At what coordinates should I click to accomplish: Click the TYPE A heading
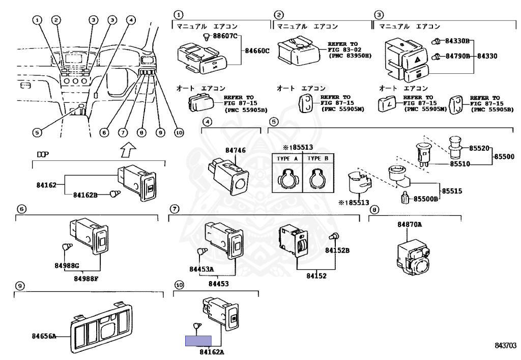(x=288, y=158)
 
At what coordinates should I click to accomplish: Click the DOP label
(x=42, y=154)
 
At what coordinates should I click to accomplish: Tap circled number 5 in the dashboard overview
(x=37, y=132)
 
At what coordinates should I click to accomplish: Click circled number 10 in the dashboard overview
(x=178, y=132)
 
